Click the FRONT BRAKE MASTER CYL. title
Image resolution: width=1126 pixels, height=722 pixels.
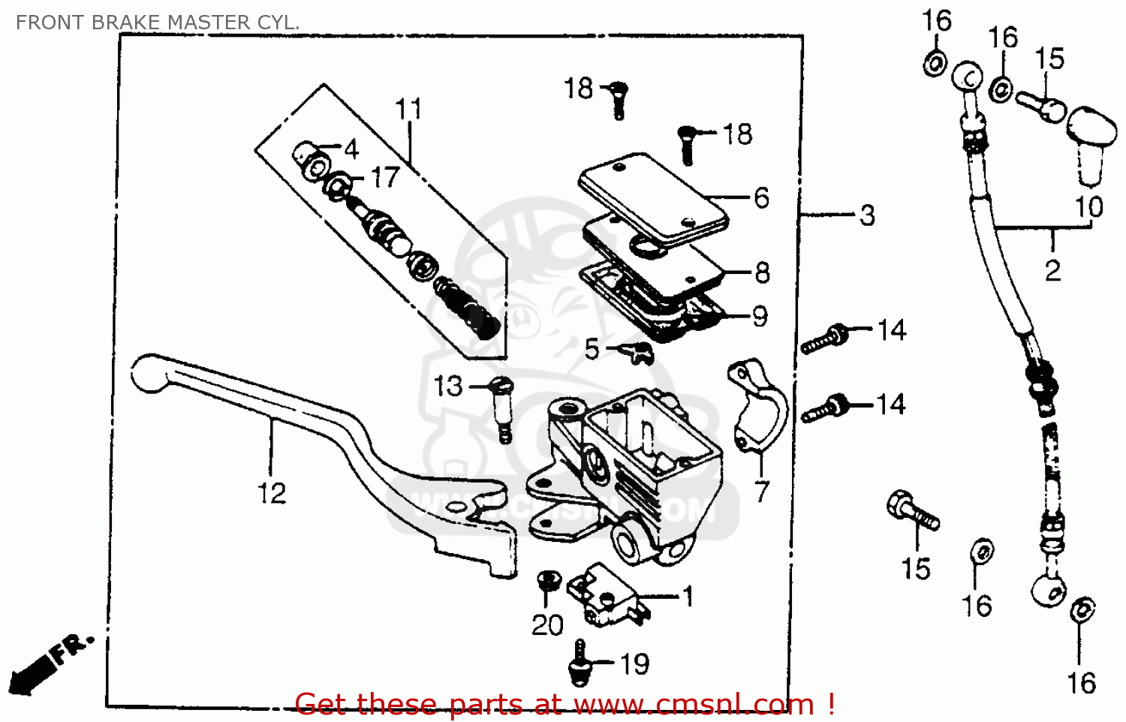point(158,23)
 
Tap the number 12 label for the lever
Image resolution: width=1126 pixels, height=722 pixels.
point(272,493)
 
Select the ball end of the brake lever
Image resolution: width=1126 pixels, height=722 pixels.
point(150,373)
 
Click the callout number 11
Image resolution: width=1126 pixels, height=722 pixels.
point(409,110)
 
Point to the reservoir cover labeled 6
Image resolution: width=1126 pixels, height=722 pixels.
point(653,197)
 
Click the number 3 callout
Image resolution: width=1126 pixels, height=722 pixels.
point(867,215)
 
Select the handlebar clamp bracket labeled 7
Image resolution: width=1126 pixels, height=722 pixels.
point(758,409)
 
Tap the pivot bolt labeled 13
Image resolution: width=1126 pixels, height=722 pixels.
point(502,409)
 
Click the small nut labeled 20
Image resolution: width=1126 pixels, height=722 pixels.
point(548,580)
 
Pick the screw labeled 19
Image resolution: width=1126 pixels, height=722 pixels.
point(579,664)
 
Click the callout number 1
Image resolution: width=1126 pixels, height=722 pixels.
point(688,597)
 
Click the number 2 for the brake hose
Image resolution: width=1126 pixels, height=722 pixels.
point(1052,270)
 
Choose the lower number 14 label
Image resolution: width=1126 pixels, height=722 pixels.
point(891,405)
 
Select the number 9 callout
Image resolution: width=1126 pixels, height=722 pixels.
point(760,316)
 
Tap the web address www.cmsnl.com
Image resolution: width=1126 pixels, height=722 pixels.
point(695,705)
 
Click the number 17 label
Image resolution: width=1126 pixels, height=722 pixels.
point(385,178)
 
